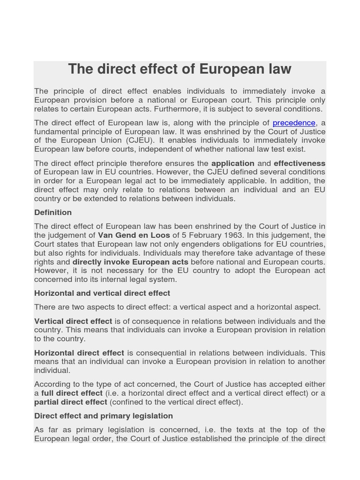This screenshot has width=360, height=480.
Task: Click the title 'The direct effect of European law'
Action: (180, 69)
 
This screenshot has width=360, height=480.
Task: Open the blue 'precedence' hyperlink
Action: (294, 123)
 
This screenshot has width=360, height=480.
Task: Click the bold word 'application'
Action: (232, 163)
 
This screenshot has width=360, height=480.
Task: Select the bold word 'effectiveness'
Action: (299, 163)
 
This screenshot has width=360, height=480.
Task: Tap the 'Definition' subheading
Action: (53, 212)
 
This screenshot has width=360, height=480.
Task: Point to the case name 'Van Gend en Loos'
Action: (134, 235)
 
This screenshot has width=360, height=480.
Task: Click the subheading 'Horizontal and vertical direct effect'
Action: (102, 293)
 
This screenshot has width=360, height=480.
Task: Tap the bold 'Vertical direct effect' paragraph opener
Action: (73, 321)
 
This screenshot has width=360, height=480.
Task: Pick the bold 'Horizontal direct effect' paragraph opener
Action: (79, 352)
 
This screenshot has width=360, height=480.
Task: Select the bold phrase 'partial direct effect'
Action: (71, 402)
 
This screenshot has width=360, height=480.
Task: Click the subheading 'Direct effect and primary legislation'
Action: (104, 416)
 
